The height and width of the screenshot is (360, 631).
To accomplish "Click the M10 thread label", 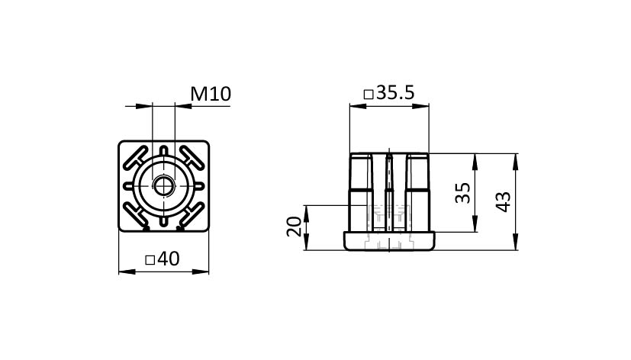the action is (x=211, y=94).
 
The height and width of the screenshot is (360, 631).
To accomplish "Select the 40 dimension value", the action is (x=169, y=259).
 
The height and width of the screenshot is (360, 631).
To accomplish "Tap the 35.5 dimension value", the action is (x=395, y=93).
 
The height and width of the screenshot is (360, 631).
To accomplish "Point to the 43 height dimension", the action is (x=504, y=201).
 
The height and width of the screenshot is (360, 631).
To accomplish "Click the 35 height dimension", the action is (x=463, y=193).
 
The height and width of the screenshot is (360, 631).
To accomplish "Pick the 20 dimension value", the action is (x=294, y=227).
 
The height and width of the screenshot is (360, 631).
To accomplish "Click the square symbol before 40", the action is (x=150, y=260).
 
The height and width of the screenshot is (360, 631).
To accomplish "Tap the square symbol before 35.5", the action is (x=369, y=95).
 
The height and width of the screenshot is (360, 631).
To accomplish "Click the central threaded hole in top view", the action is (x=164, y=186).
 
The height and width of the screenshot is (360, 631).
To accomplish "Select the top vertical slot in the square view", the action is (x=164, y=151).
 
